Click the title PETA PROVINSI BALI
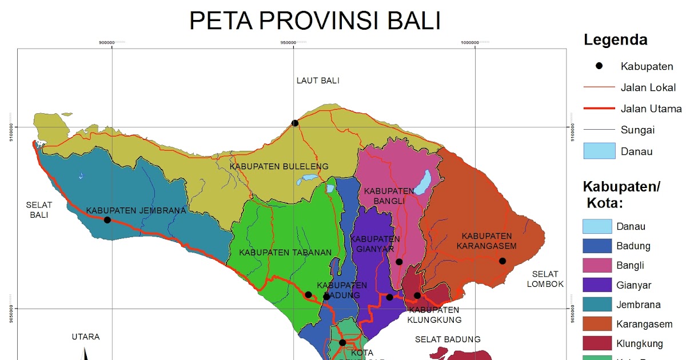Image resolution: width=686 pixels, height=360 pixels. pyautogui.click(x=315, y=21)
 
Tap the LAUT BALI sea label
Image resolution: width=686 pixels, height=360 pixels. pyautogui.click(x=318, y=81)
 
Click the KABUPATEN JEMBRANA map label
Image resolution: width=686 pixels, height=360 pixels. pyautogui.click(x=136, y=210)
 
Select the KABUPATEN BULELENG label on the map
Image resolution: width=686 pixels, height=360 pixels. pyautogui.click(x=279, y=166)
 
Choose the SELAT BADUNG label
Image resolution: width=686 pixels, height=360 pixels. pyautogui.click(x=448, y=339)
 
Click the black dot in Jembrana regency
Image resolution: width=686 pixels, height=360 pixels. pyautogui.click(x=107, y=220)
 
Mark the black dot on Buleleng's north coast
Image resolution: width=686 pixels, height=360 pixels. pyautogui.click(x=295, y=123)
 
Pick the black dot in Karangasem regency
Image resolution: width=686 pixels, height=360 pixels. pyautogui.click(x=502, y=261)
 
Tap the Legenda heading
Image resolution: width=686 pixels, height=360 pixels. pyautogui.click(x=615, y=40)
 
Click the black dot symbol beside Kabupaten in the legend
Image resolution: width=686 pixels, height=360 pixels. pyautogui.click(x=599, y=66)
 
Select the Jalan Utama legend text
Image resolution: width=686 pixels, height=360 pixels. pyautogui.click(x=651, y=109)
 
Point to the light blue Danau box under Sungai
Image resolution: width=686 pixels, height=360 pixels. pyautogui.click(x=599, y=151)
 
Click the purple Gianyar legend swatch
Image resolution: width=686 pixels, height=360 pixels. pyautogui.click(x=599, y=285)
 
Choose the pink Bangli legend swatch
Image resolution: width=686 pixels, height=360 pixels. pyautogui.click(x=599, y=265)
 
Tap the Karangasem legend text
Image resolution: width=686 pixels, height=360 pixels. pyautogui.click(x=644, y=325)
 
